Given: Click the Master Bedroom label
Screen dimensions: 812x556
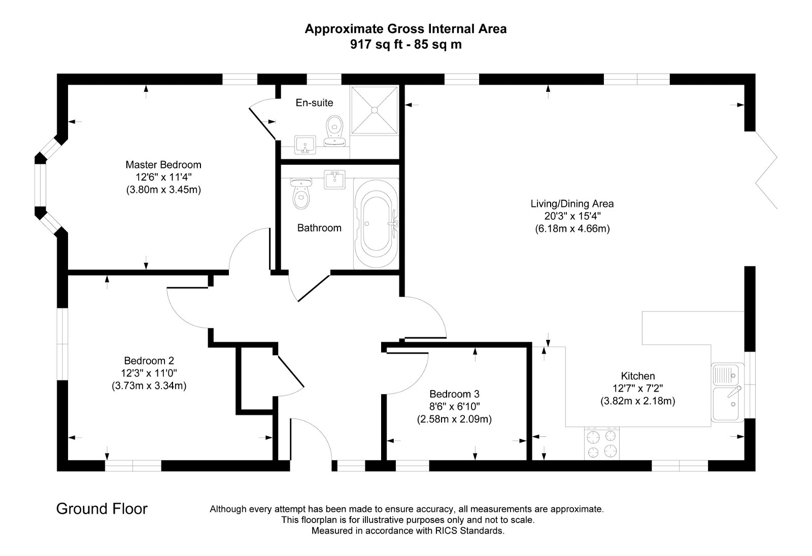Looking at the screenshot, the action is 163,165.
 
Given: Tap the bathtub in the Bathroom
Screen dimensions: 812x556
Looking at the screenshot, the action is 376,224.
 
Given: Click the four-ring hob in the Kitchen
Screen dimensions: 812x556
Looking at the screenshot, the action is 602,443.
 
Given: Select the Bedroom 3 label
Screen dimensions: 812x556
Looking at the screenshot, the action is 454,394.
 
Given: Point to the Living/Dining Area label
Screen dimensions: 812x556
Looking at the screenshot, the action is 572,204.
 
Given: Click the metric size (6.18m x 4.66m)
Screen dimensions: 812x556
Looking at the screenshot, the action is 572,229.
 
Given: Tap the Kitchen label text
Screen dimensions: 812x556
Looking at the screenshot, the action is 638,376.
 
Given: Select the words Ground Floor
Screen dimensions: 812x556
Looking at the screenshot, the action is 101,509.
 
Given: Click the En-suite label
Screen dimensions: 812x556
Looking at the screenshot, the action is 314,103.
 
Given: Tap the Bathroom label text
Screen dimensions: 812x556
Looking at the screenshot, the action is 319,228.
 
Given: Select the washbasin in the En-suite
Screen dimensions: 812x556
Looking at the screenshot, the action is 305,144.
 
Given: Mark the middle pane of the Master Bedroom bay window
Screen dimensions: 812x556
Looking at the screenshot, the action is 40,185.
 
